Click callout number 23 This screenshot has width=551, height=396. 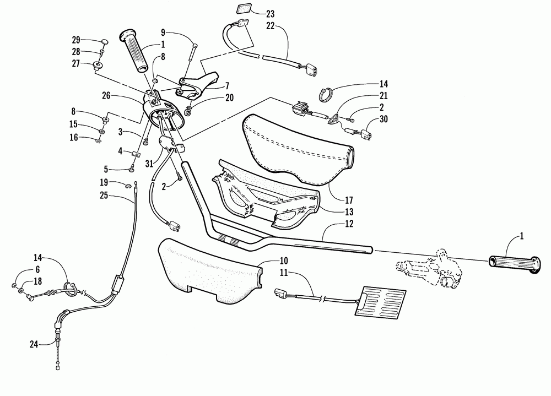[x=269, y=13]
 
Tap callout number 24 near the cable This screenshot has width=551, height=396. [x=34, y=345]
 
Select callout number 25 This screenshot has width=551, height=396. [x=104, y=195]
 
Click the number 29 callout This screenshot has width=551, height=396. [x=76, y=40]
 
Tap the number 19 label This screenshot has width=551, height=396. [x=104, y=183]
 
